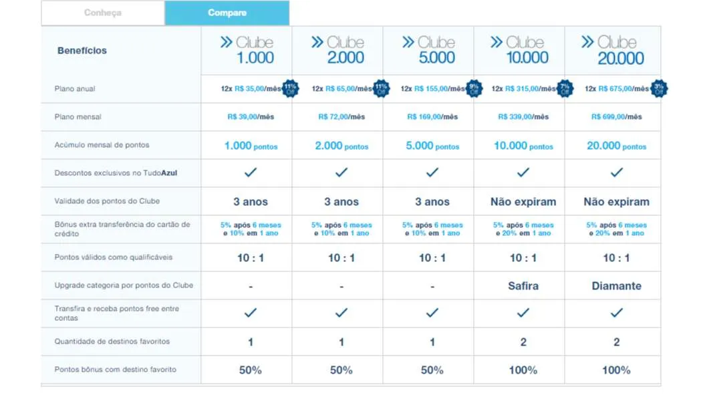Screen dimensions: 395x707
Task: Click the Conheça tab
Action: [103, 13]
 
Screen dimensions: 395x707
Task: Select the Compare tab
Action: [227, 13]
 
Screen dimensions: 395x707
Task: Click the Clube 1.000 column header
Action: [247, 50]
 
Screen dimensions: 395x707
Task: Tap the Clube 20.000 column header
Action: [613, 50]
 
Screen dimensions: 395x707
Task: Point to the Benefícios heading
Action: [82, 50]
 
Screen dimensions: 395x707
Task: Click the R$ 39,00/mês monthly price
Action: [251, 117]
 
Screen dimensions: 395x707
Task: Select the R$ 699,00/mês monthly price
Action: [616, 117]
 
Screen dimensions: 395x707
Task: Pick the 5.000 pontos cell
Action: [432, 146]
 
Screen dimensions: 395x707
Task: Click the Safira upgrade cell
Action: [523, 285]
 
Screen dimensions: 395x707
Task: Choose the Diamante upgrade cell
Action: [616, 285]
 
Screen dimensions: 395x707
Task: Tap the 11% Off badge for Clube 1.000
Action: [290, 89]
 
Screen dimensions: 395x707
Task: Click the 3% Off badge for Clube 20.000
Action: [659, 89]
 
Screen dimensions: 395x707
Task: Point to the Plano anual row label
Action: [75, 89]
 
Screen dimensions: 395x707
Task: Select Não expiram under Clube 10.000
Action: [523, 202]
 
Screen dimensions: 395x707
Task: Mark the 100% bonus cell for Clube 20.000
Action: [616, 370]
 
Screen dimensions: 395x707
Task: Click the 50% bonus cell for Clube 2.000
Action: [341, 370]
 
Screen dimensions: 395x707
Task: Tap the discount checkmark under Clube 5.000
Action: [432, 172]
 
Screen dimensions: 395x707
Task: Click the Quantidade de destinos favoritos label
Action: [112, 342]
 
